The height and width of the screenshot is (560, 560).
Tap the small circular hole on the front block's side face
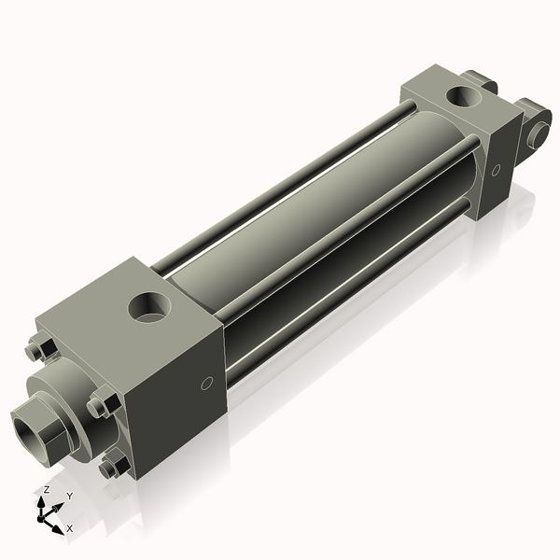click(x=207, y=383)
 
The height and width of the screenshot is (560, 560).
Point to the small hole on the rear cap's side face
click(x=496, y=170)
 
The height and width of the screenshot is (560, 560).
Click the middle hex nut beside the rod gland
click(x=100, y=407)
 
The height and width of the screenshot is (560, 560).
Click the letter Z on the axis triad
click(x=46, y=489)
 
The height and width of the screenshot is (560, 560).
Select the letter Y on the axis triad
click(x=69, y=497)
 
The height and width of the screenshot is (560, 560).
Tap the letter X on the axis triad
click(x=69, y=529)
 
